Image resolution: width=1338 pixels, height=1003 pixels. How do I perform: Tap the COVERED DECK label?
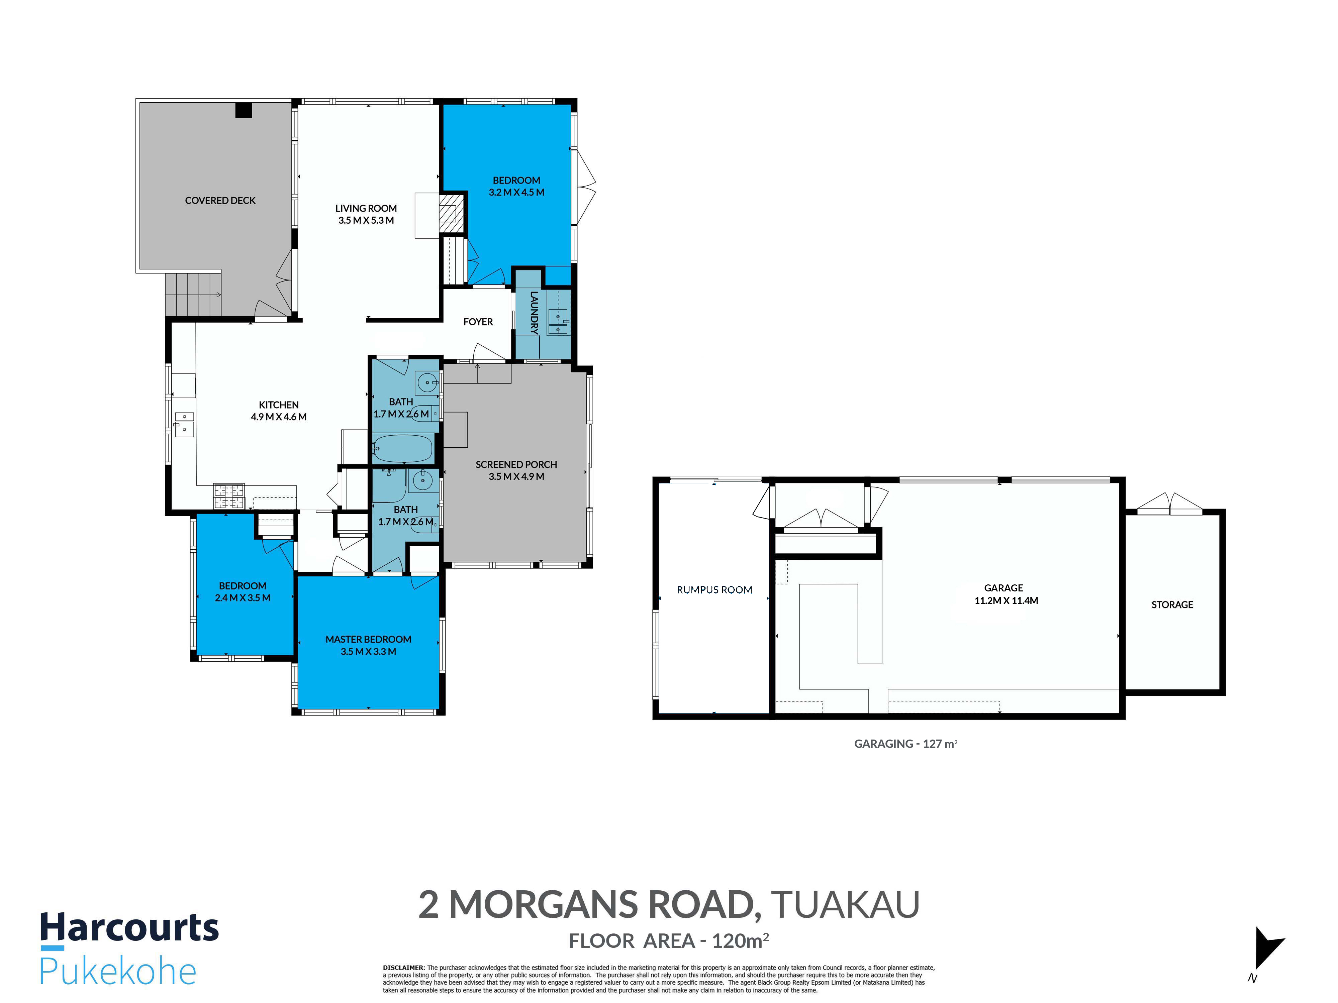click(220, 201)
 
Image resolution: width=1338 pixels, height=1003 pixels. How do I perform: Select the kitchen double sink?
click(184, 424)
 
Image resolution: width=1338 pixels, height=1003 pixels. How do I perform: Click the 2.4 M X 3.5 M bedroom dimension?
click(243, 598)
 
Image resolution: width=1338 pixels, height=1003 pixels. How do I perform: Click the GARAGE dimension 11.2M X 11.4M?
click(1006, 601)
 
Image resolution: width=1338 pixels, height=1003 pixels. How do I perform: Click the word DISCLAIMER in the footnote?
click(403, 967)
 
